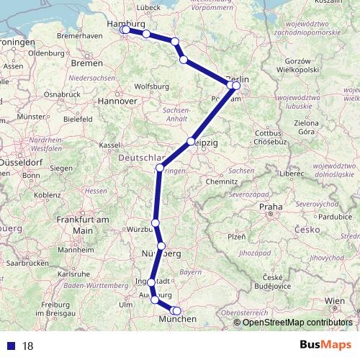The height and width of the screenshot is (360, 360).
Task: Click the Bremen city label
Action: click(x=87, y=63)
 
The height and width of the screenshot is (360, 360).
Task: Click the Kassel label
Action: click(x=109, y=145)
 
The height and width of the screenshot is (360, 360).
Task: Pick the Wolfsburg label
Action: click(x=150, y=87)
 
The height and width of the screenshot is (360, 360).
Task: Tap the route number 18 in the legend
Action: click(x=28, y=346)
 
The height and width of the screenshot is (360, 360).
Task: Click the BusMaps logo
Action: click(x=326, y=345)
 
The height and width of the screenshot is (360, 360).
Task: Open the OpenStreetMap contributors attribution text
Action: click(x=297, y=322)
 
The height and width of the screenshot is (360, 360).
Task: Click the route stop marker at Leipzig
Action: click(x=191, y=142)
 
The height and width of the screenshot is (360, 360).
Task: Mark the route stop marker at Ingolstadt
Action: click(x=151, y=282)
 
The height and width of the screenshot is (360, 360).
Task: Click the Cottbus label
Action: click(x=266, y=133)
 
